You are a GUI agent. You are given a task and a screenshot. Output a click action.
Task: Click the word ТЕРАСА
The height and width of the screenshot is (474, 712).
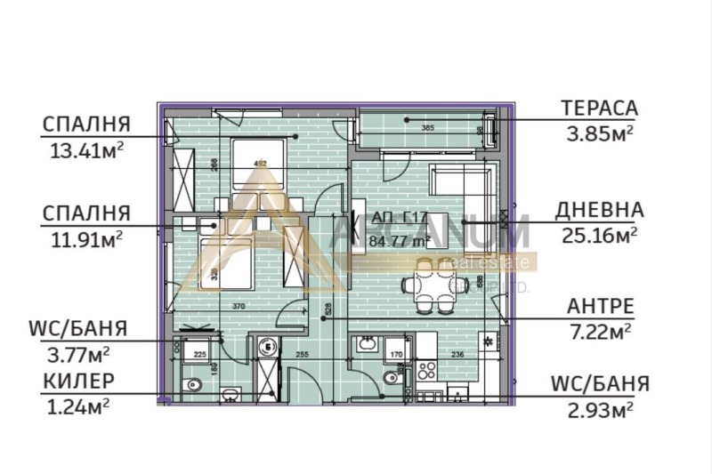[599, 108]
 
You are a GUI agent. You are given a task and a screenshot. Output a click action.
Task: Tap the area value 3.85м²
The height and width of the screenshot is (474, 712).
[599, 133]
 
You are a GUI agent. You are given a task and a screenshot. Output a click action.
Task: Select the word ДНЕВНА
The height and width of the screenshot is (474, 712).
[599, 210]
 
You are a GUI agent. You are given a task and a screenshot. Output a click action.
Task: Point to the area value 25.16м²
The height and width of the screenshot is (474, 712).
[599, 236]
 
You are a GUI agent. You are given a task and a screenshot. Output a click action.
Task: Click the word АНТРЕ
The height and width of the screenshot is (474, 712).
[601, 307]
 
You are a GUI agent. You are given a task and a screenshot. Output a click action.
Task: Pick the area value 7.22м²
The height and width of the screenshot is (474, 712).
[601, 332]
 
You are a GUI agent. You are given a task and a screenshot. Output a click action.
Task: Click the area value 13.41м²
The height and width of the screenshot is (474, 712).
[85, 149]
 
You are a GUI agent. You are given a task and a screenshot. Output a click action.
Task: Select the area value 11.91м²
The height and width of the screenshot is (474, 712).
[85, 238]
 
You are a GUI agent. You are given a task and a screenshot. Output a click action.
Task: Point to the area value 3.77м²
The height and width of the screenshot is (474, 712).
[77, 355]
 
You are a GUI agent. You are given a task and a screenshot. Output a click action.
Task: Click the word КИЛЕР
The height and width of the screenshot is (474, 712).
[77, 382]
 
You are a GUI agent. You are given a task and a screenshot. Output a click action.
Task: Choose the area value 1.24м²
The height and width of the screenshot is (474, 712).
[77, 406]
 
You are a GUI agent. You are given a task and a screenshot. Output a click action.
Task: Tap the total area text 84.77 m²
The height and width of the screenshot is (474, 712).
[401, 239]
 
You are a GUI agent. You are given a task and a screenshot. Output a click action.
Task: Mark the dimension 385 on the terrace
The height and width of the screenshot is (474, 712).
[428, 128]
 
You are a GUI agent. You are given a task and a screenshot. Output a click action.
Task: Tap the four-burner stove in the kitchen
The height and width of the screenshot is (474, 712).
[423, 370]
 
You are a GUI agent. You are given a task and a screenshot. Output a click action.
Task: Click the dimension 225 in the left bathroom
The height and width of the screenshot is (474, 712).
[200, 355]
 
